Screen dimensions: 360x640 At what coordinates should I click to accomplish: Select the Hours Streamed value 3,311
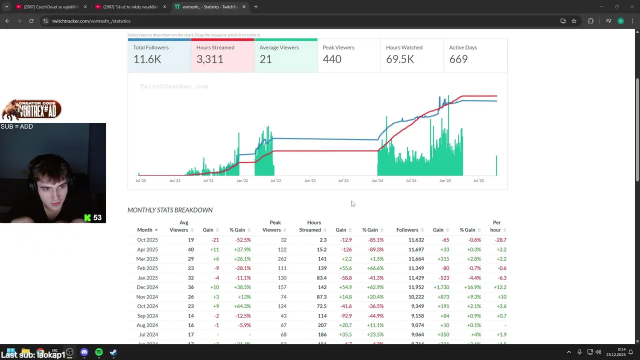(209, 59)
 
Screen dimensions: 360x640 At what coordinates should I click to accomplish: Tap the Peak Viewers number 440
(332, 59)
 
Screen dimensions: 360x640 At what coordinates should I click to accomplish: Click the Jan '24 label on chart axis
(377, 180)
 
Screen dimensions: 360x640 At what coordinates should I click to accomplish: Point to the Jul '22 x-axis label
(275, 180)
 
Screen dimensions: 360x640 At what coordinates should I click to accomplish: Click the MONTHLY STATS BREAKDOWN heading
(170, 210)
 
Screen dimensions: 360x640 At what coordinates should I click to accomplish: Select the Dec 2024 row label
(147, 287)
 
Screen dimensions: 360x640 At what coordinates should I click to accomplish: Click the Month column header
(144, 230)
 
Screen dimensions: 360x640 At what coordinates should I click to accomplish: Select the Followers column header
(407, 230)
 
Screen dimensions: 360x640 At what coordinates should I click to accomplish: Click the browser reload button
(31, 21)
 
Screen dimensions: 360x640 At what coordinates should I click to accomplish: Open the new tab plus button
(255, 7)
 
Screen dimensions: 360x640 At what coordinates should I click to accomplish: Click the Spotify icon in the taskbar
(99, 352)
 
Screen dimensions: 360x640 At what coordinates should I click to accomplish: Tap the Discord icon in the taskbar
(84, 352)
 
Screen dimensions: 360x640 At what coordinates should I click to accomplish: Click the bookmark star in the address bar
(574, 21)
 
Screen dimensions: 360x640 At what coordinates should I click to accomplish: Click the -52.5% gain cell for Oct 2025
(240, 240)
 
